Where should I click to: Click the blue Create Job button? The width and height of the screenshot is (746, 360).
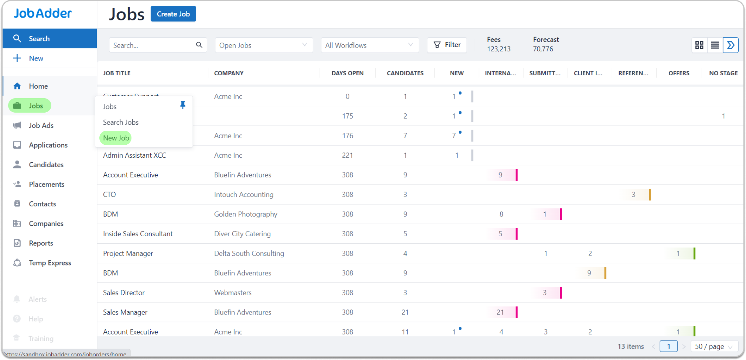(173, 14)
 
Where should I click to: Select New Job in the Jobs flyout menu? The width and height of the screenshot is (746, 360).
(116, 138)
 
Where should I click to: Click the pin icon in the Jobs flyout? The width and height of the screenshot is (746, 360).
(182, 106)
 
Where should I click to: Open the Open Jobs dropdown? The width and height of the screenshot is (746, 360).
(263, 45)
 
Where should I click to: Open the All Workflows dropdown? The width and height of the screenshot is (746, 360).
(369, 45)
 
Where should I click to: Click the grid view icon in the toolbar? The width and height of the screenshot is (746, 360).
(699, 45)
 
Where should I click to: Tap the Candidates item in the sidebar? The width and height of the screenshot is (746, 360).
(46, 165)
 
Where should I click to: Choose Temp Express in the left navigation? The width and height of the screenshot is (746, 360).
(50, 263)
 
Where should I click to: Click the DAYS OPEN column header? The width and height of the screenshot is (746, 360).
(347, 73)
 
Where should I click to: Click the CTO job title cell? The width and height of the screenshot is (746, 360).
(109, 195)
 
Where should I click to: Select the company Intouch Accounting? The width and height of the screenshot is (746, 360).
(244, 195)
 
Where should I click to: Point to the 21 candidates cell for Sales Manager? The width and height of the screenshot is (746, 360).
(405, 312)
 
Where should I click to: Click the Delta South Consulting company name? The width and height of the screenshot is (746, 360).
(249, 253)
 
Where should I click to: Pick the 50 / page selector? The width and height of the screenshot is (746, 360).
(713, 346)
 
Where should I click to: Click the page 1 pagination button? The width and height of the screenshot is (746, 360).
(668, 346)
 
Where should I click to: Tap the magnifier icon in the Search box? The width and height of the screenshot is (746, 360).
(199, 45)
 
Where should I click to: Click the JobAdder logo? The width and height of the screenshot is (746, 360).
(43, 14)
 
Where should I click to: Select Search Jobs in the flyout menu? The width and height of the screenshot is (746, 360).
(121, 122)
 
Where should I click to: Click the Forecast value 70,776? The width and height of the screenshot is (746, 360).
(543, 49)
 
